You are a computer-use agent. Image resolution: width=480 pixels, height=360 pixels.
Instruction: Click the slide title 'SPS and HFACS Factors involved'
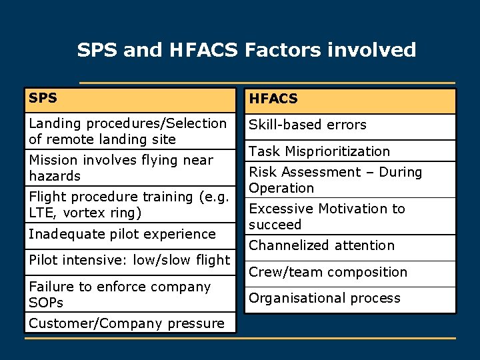(x=246, y=50)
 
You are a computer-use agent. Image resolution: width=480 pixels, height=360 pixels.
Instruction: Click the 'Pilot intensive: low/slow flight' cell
(x=129, y=260)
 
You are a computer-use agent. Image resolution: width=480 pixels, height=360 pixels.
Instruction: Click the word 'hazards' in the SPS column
(x=55, y=177)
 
